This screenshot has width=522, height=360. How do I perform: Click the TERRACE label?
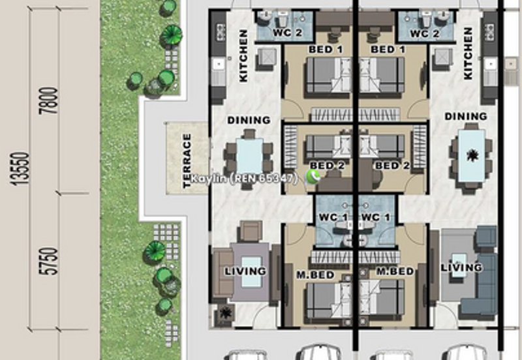coord(187,160)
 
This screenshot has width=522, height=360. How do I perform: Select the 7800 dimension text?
coord(53,100)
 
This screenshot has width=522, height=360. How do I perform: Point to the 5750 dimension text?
coord(53,261)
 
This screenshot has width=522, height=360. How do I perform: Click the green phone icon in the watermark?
coord(313,177)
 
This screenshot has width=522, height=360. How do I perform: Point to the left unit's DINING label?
coord(249,120)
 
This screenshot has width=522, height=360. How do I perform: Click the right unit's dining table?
coord(470,157)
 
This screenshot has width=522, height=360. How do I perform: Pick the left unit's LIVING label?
coord(245,271)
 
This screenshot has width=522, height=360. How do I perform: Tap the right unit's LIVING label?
coord(461,267)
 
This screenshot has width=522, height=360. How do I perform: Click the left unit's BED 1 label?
coord(330,50)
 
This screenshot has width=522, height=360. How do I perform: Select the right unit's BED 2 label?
coord(392,166)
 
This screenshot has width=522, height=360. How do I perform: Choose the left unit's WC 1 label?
coord(333,217)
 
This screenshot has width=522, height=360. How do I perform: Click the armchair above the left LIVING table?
coord(251,231)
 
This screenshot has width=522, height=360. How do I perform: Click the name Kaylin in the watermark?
coord(206,178)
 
